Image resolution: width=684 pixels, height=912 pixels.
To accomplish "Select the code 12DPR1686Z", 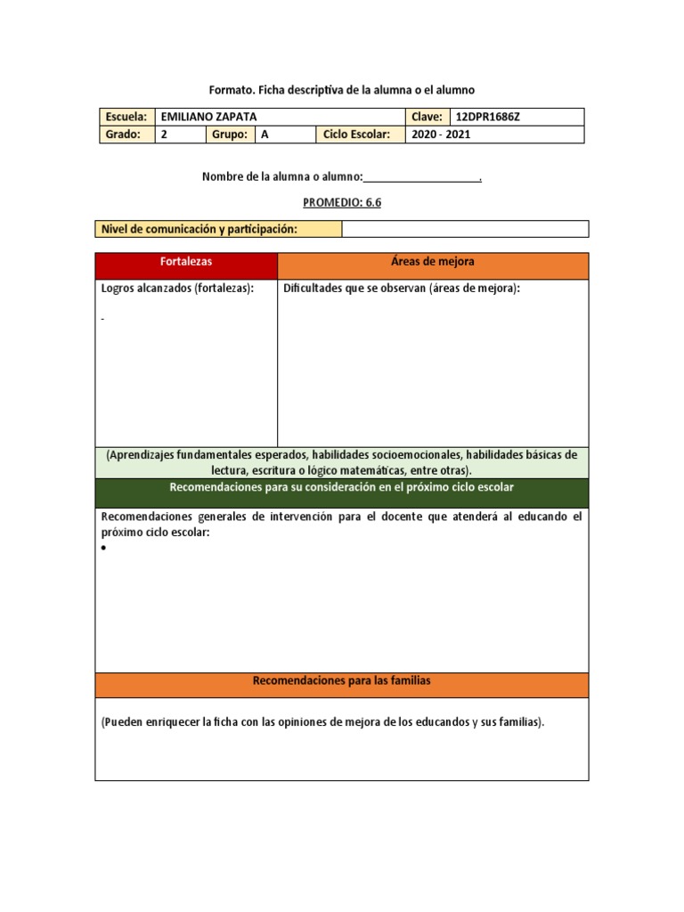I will (x=493, y=117).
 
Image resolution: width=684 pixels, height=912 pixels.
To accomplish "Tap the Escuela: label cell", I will (x=126, y=117).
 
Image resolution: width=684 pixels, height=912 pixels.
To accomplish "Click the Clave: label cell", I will (x=427, y=117).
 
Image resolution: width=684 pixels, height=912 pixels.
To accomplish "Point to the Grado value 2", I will (x=164, y=134).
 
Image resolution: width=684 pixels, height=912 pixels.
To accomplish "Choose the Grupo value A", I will (x=265, y=134).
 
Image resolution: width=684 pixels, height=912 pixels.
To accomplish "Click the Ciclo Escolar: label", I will (x=357, y=134).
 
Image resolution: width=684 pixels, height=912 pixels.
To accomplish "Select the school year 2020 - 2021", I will (x=440, y=134).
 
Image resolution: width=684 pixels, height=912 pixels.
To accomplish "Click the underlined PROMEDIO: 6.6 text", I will (x=342, y=202).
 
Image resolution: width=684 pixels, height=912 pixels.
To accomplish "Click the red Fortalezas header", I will (x=186, y=263).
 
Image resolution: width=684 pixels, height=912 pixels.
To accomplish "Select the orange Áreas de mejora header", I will (x=433, y=263).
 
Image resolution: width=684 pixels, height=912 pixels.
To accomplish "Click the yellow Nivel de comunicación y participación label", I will (x=199, y=229).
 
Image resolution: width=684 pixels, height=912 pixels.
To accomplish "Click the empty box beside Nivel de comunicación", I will (x=464, y=229).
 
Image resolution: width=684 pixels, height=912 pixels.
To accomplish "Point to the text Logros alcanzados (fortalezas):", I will (x=177, y=289).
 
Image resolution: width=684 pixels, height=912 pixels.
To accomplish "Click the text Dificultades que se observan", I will (x=402, y=289).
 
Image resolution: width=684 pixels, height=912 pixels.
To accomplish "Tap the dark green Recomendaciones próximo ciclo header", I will (x=341, y=489).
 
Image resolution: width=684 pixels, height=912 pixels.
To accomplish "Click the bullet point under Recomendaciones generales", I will (x=104, y=549).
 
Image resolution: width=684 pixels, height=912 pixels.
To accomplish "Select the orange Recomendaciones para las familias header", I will (x=341, y=681).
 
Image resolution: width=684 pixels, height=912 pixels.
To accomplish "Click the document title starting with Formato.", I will (x=342, y=90).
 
